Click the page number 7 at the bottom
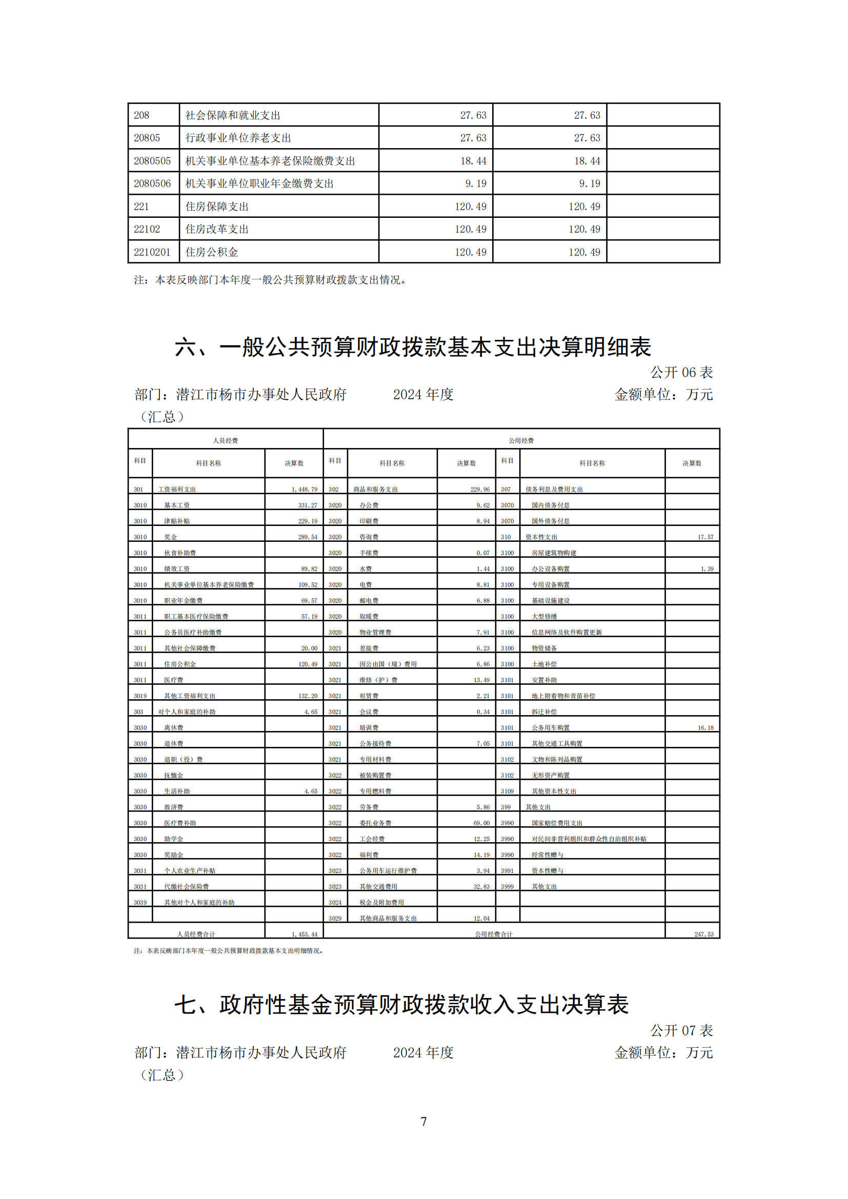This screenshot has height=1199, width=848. [x=423, y=1121]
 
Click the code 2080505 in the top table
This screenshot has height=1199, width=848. [x=152, y=161]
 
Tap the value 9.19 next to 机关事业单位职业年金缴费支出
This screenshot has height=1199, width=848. [x=476, y=184]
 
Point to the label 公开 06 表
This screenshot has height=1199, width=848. [x=681, y=372]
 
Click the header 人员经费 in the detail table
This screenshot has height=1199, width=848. [x=225, y=440]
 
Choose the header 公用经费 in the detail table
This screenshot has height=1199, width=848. [x=520, y=440]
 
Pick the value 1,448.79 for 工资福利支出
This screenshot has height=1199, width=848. [x=305, y=490]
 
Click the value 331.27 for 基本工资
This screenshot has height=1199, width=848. [x=308, y=505]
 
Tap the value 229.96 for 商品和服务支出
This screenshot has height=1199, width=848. [x=480, y=490]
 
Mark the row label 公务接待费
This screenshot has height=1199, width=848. [x=375, y=743]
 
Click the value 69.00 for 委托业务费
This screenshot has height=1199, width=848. [x=481, y=822]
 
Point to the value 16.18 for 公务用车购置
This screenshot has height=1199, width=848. [x=705, y=727]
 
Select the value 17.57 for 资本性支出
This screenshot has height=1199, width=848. [x=705, y=537]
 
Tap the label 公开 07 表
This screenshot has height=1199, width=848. [x=681, y=1030]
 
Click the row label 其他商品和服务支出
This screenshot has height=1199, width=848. [x=388, y=918]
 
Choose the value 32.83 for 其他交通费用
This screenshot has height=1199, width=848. [x=481, y=886]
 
